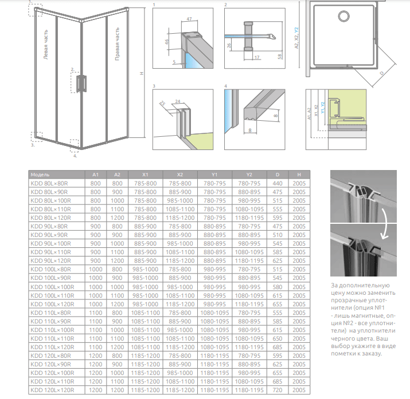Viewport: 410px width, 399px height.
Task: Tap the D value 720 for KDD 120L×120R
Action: point(278,390)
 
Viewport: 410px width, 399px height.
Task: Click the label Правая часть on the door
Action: point(117,44)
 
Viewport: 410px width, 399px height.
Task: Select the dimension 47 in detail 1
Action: point(189,20)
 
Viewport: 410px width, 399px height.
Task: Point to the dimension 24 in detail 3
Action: point(178,101)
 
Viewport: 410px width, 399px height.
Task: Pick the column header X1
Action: point(146,174)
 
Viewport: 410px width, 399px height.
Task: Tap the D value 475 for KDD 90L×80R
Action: point(278,226)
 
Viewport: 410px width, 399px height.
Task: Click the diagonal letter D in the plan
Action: point(380,74)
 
